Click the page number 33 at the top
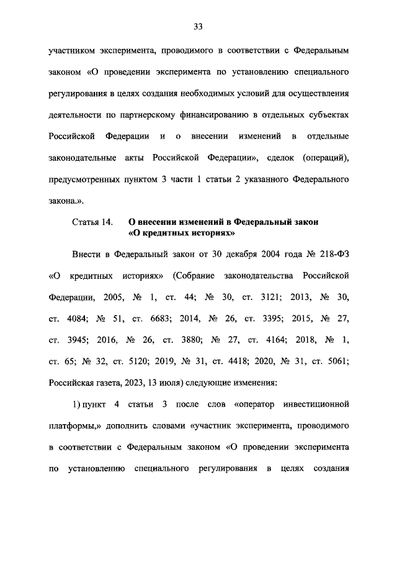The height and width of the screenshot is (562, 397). [x=198, y=26]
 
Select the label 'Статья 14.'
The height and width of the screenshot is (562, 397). [x=92, y=221]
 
